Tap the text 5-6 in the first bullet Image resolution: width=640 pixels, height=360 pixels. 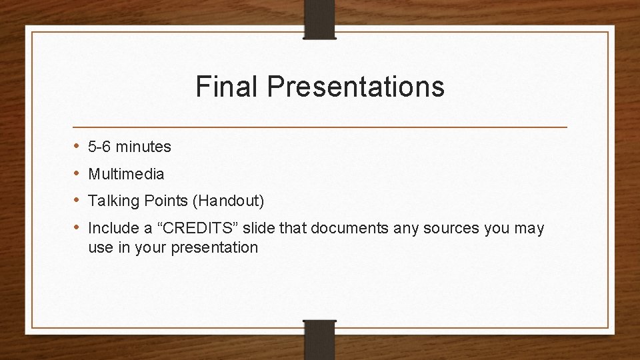point(100,147)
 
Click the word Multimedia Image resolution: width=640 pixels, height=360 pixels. point(126,174)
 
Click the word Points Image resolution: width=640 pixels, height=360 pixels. point(162,201)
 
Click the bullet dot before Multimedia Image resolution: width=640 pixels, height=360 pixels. point(77,173)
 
